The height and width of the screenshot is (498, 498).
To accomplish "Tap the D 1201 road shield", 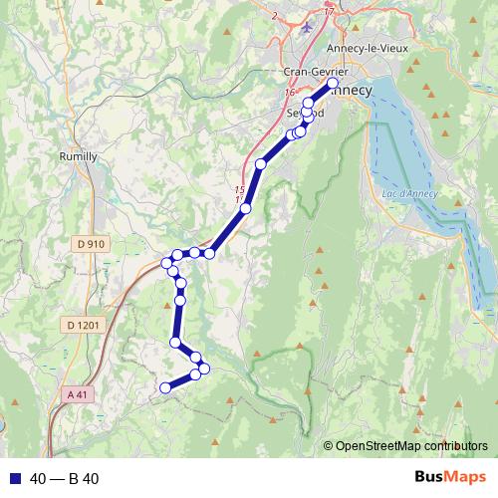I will coord(84,325).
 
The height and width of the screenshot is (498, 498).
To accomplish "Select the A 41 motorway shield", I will coord(77,394).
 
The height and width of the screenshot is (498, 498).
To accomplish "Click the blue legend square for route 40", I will coord(12,479).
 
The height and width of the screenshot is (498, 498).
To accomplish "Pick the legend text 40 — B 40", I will coord(65,479).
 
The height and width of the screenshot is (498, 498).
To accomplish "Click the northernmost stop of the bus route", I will coord(333,84).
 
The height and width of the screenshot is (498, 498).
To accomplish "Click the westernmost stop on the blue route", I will coord(167,263).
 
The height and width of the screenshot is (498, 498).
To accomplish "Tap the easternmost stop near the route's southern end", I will coord(204,370).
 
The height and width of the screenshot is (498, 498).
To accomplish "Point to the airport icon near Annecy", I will coord(307,29).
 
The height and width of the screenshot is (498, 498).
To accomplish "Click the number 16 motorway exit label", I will coord(289,93).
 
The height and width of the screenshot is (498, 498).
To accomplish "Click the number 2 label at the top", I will coord(273,16).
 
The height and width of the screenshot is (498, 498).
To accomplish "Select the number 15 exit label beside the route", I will coord(239,189).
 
